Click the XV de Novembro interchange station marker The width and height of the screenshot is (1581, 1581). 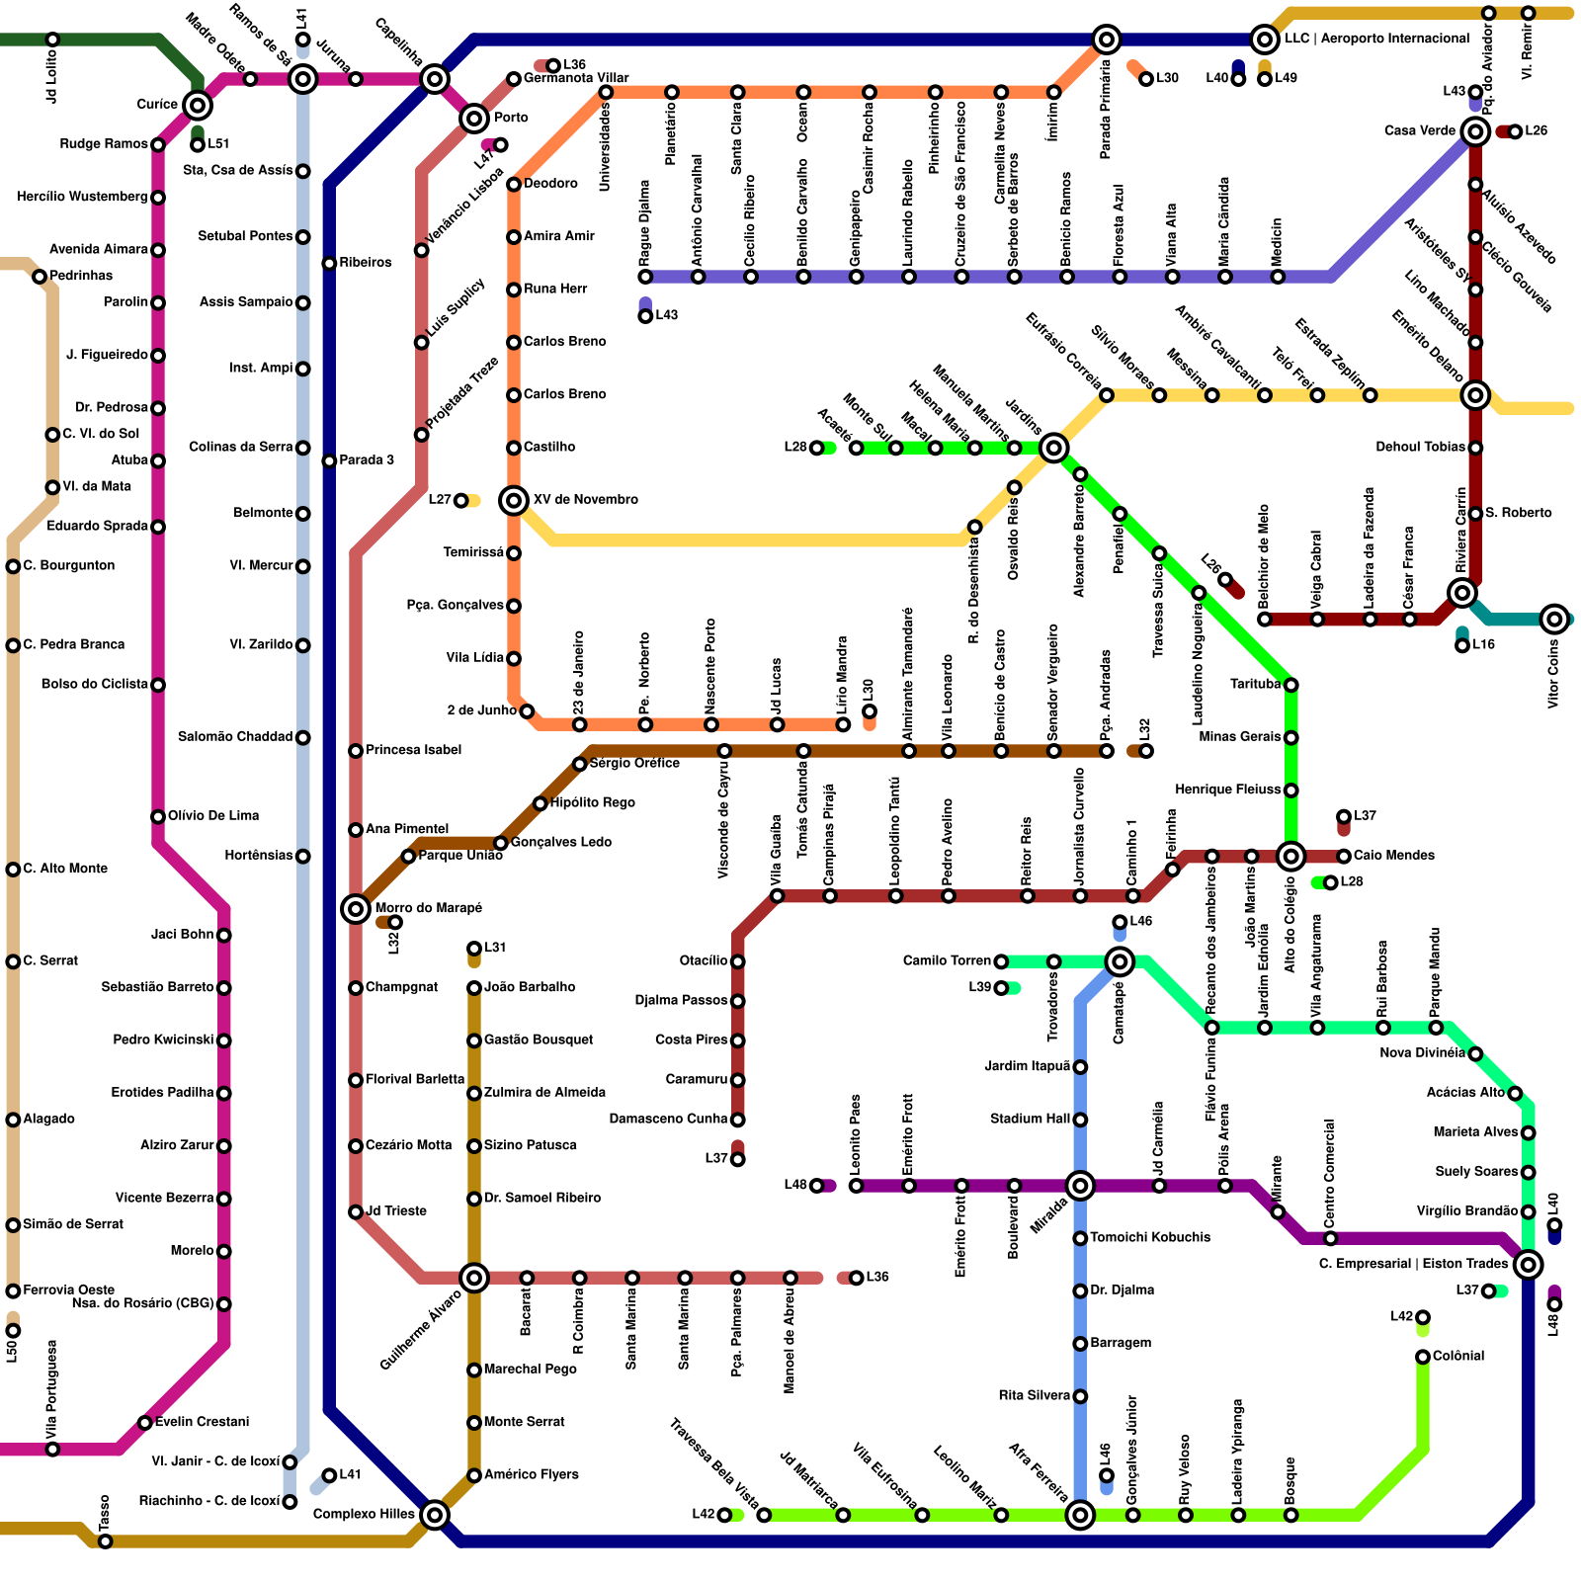tap(514, 501)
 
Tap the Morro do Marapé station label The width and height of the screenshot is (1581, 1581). tap(429, 908)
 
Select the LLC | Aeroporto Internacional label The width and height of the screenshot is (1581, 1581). tap(1376, 40)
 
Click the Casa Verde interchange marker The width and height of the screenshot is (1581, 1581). tap(1475, 131)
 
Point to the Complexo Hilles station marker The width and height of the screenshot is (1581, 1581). tap(435, 1514)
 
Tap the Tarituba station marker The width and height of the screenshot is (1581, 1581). tap(1290, 685)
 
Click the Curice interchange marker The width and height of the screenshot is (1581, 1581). tap(198, 105)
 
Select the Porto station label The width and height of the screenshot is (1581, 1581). tap(511, 119)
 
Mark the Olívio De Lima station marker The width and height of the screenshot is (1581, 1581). tap(158, 816)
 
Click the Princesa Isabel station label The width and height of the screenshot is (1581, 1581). tap(413, 751)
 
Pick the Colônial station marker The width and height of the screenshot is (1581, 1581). tap(1423, 1357)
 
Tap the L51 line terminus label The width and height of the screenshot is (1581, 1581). tap(217, 145)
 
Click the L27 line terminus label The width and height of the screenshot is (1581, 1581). tap(440, 500)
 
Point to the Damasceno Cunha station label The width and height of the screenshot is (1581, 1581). tap(668, 1120)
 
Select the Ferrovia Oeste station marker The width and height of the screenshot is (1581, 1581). tap(13, 1290)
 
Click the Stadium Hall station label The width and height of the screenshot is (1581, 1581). tap(1030, 1120)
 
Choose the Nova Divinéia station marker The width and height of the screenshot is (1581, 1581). tap(1475, 1054)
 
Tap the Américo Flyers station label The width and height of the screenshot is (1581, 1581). tap(531, 1475)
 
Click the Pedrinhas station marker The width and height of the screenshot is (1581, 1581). tap(40, 277)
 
